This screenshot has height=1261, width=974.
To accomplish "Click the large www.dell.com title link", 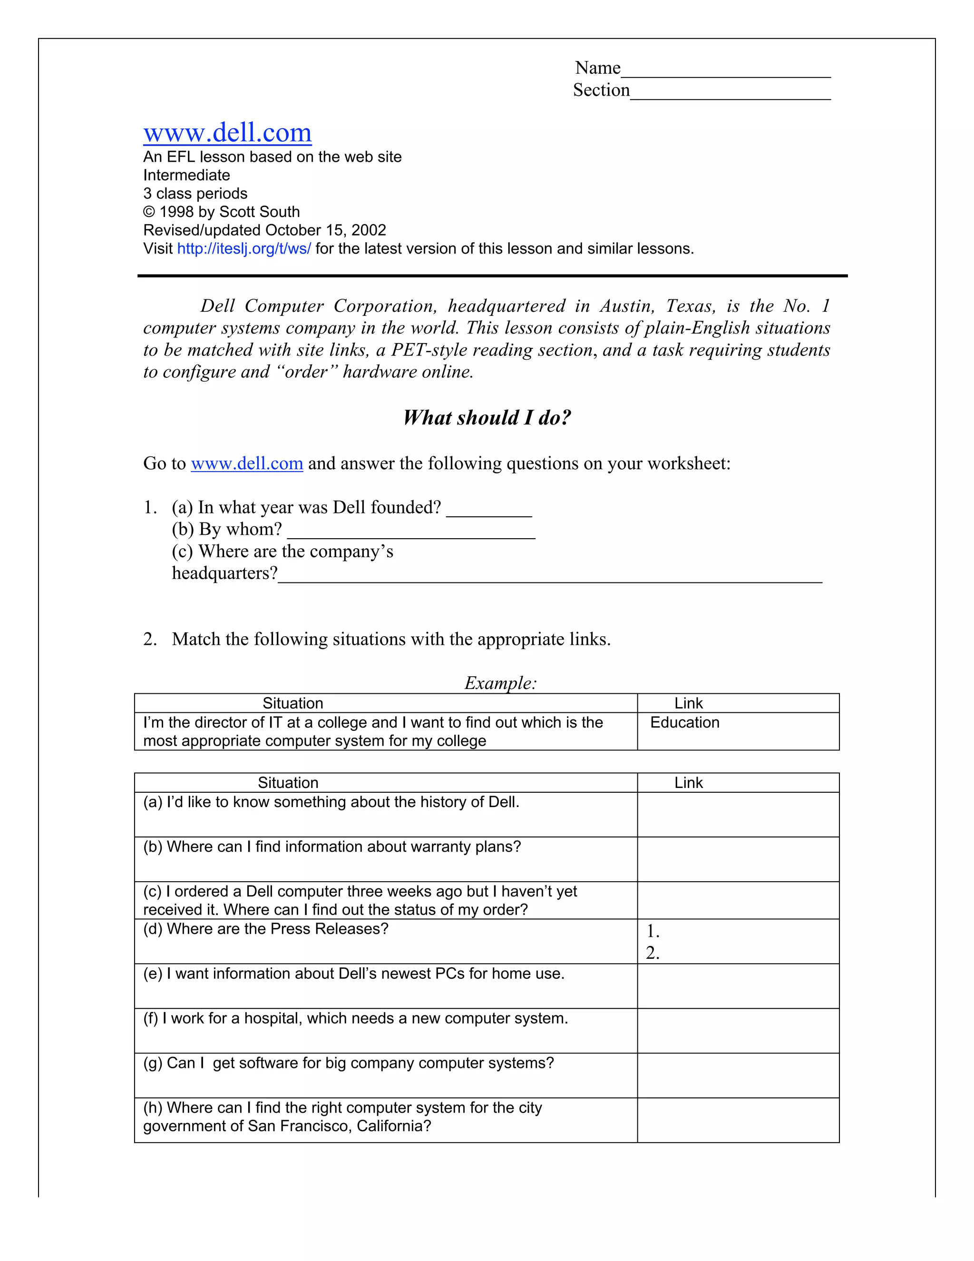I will [227, 133].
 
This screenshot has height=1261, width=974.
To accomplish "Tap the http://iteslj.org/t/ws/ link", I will [243, 249].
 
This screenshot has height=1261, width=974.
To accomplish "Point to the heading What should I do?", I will [487, 417].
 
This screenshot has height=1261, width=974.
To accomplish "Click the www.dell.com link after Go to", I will [247, 463].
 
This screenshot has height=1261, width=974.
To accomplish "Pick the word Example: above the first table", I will [500, 683].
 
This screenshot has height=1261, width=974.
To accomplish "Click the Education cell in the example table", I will [684, 723].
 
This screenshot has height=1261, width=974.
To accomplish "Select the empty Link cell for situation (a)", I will [738, 814].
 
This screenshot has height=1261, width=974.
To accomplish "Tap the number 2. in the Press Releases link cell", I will [653, 953].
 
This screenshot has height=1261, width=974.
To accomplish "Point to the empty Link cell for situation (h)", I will [738, 1120].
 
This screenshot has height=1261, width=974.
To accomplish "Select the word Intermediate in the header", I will [186, 176].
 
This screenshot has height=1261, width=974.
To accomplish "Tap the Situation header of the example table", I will [292, 703].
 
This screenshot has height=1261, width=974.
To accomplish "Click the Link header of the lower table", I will [688, 783].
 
